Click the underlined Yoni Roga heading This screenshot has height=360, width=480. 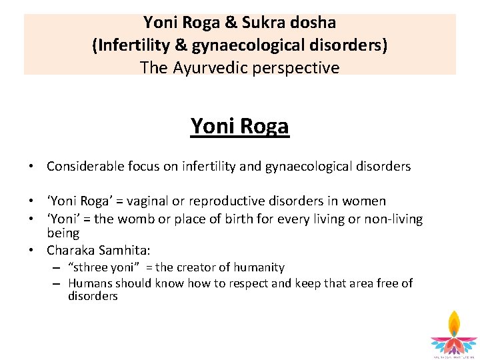click(239, 125)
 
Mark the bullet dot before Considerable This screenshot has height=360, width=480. click(31, 167)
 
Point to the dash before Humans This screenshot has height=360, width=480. click(59, 283)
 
